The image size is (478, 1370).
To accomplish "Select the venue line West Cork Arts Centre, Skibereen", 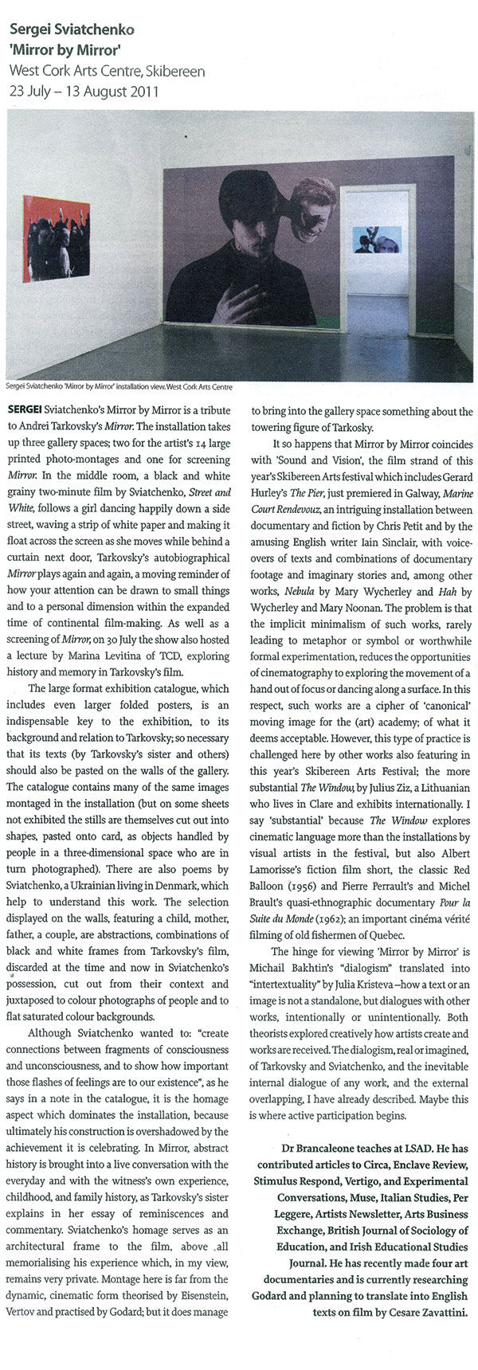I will pyautogui.click(x=107, y=71).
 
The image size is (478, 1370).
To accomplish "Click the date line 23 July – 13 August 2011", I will pyautogui.click(x=84, y=90).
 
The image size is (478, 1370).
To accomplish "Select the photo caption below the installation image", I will pyautogui.click(x=119, y=387).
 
